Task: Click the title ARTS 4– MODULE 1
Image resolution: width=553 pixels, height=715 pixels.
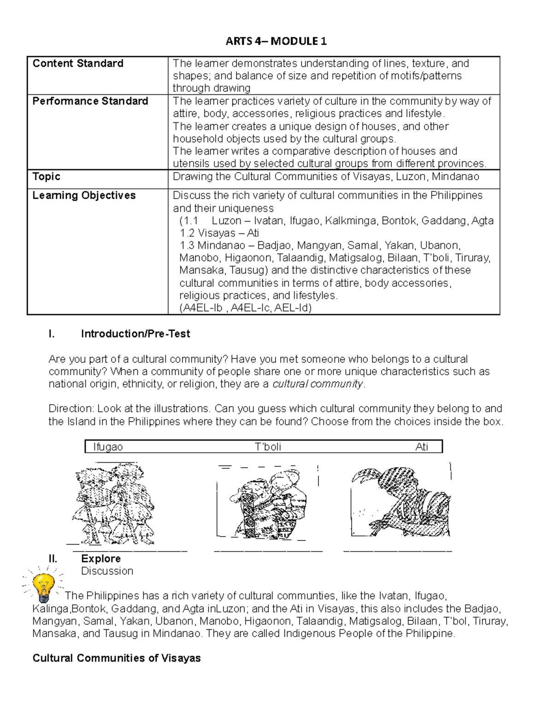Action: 276,41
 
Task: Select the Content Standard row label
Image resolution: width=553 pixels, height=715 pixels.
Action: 78,64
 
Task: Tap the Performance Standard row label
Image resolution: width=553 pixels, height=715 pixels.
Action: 90,101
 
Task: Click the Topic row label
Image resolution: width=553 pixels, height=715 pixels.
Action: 47,177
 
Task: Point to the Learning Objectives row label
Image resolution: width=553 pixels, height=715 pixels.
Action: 84,196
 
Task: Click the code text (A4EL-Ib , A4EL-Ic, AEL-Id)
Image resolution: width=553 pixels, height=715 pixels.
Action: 245,308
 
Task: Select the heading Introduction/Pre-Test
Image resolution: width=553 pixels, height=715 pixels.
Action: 135,334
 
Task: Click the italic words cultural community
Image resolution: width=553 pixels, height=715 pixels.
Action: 318,384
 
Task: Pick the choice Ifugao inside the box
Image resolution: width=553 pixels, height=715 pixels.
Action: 108,447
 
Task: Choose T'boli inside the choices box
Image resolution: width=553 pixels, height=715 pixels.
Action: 268,447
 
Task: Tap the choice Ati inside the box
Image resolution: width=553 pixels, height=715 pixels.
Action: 422,447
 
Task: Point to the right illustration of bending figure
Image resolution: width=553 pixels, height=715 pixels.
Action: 400,502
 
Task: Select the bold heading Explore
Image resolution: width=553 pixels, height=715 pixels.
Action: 101,559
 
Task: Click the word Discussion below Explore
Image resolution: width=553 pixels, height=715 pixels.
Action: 107,571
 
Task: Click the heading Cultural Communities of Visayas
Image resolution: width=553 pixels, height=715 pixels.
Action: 117,658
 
